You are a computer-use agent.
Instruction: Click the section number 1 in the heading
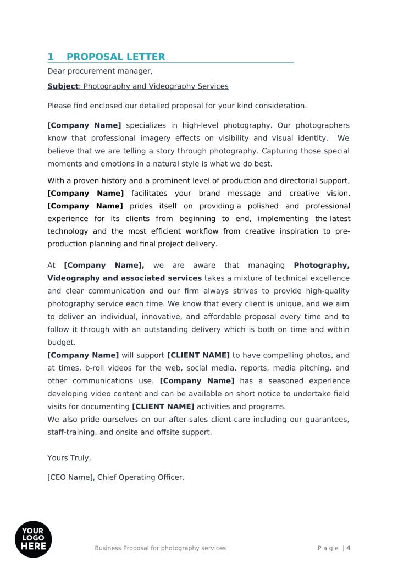[x=51, y=57]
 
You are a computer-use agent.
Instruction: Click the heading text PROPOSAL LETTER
[x=115, y=57]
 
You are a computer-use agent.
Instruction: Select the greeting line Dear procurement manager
[x=99, y=71]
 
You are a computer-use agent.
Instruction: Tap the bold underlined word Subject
[x=63, y=86]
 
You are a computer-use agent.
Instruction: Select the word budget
[x=61, y=343]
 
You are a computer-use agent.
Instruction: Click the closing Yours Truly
[x=69, y=458]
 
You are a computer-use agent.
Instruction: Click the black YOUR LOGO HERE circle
[x=33, y=539]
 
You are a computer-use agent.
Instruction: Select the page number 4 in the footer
[x=349, y=548]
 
